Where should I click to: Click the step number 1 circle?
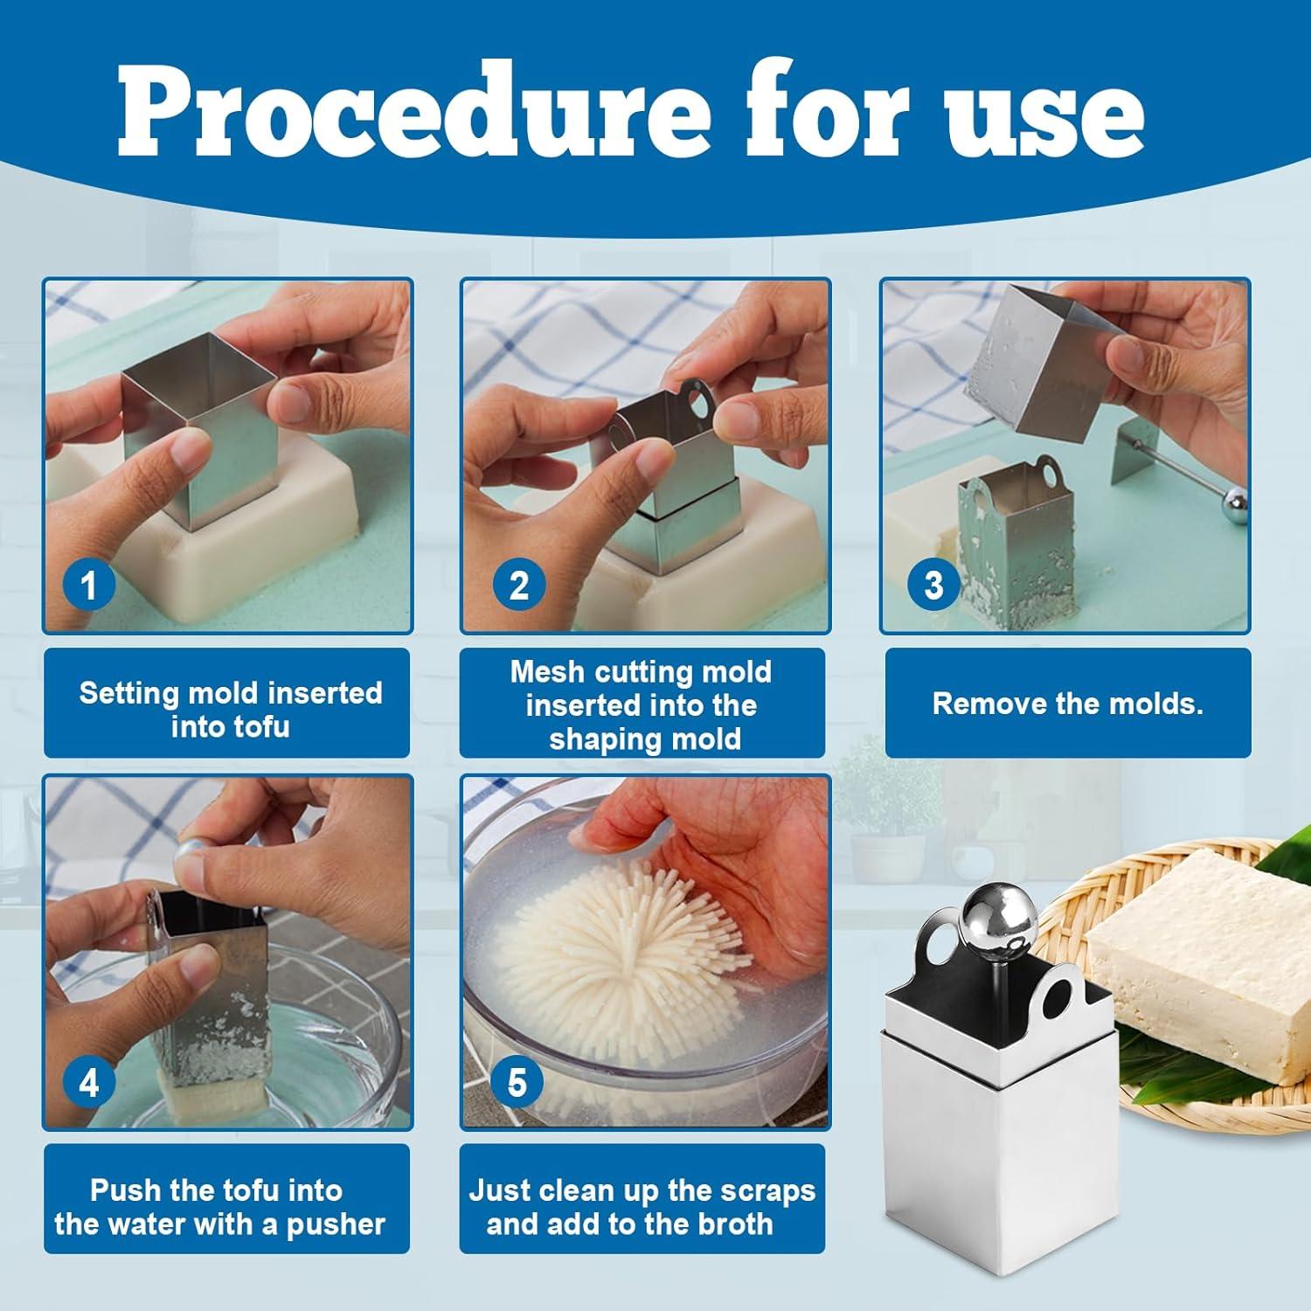pos(88,585)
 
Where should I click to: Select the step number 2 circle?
pos(518,585)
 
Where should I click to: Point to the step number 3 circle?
pos(933,584)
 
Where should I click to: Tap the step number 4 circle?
pos(89,1083)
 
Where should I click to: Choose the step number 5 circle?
pos(517,1083)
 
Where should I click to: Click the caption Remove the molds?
pos(1067,704)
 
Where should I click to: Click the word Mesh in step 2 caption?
pos(545,672)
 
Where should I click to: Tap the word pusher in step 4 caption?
pos(336,1224)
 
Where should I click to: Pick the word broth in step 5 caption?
pos(732,1224)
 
